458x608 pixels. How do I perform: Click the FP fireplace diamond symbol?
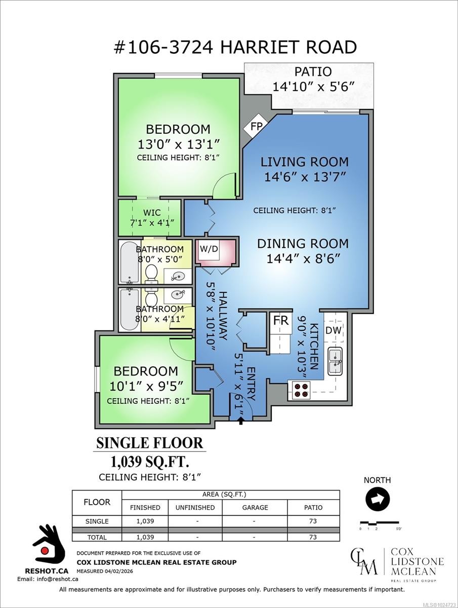(x=256, y=127)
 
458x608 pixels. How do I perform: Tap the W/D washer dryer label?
(x=209, y=249)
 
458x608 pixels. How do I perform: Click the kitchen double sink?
(x=335, y=361)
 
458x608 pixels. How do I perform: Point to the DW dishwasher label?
(x=334, y=330)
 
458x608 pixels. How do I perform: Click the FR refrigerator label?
(x=281, y=321)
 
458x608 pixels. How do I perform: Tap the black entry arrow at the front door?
(x=241, y=422)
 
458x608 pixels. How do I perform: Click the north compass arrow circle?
(x=378, y=500)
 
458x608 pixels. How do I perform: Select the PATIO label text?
(x=313, y=72)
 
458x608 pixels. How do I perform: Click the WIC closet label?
(x=152, y=213)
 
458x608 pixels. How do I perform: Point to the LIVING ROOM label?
(x=305, y=162)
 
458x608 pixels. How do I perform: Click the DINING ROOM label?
(x=303, y=244)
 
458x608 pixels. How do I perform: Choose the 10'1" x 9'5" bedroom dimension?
(x=147, y=386)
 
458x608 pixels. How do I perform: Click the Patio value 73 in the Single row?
(x=313, y=521)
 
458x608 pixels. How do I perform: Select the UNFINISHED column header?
(x=195, y=508)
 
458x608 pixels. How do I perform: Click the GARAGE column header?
(x=255, y=508)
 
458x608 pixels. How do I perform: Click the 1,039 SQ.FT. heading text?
(x=150, y=462)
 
